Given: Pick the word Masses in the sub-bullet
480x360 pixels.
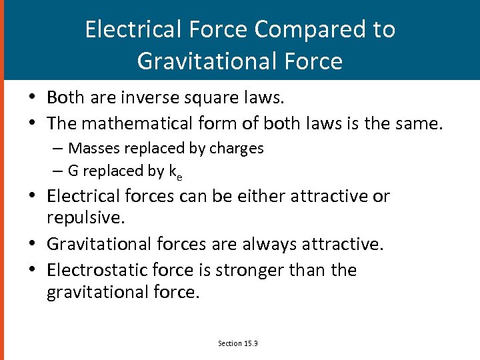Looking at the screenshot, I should pos(93,147).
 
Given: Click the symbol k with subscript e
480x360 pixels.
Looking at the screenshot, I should pos(176,172).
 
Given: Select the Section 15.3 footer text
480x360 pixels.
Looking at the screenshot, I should pos(237,343).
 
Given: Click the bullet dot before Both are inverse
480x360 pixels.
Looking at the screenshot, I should pos(32,99).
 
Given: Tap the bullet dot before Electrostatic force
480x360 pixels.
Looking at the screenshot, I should pos(32,271).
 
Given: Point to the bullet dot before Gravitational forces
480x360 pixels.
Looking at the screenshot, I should pos(32,245).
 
